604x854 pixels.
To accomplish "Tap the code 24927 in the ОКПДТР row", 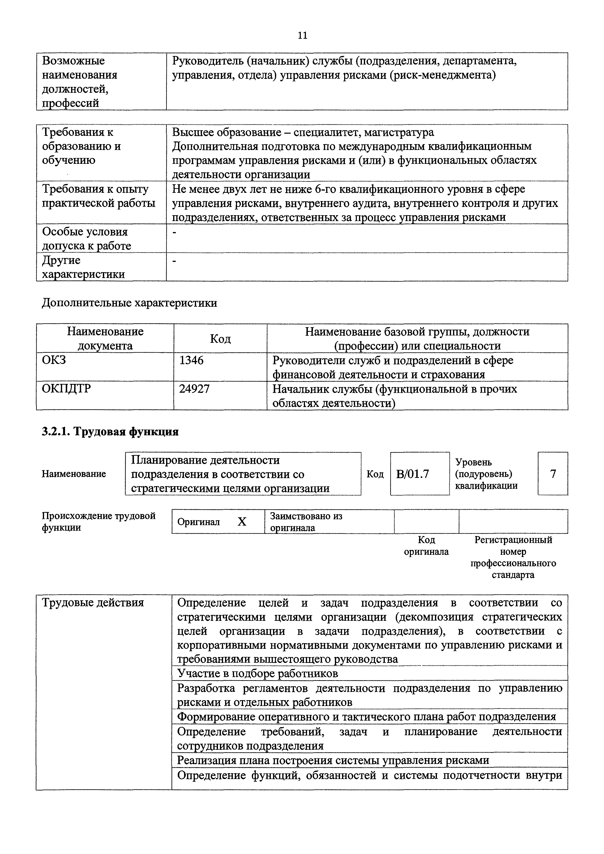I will click(x=194, y=389).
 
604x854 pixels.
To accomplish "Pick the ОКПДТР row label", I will click(x=66, y=389).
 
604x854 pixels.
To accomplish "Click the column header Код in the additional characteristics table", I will click(x=220, y=338).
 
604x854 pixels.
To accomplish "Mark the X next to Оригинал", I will click(x=242, y=522).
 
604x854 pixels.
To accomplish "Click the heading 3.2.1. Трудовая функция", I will click(x=110, y=431).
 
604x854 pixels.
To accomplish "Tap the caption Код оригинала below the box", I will click(x=426, y=546).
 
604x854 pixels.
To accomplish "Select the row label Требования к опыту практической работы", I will click(x=98, y=196).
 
